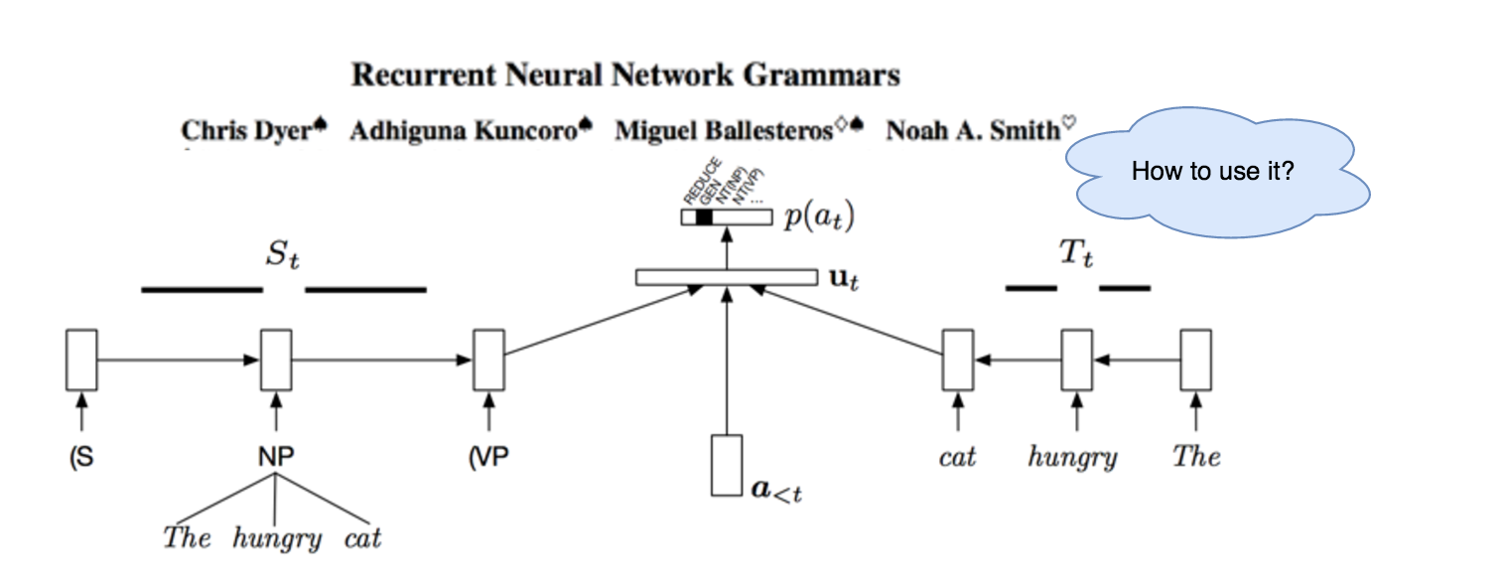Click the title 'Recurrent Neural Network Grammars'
626,75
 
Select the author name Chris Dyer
246,131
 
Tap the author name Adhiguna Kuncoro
464,131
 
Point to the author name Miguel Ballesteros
724,131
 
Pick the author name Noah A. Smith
973,131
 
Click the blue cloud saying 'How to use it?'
1213,171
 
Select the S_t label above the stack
282,257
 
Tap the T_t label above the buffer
1076,256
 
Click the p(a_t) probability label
819,216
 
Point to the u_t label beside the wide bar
843,279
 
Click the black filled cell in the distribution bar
705,216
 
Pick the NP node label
275,457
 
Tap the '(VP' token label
487,457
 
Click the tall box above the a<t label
727,464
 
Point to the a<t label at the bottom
774,489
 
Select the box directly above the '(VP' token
488,360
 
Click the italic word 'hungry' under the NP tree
277,539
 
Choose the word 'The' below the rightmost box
1195,457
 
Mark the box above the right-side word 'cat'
957,360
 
